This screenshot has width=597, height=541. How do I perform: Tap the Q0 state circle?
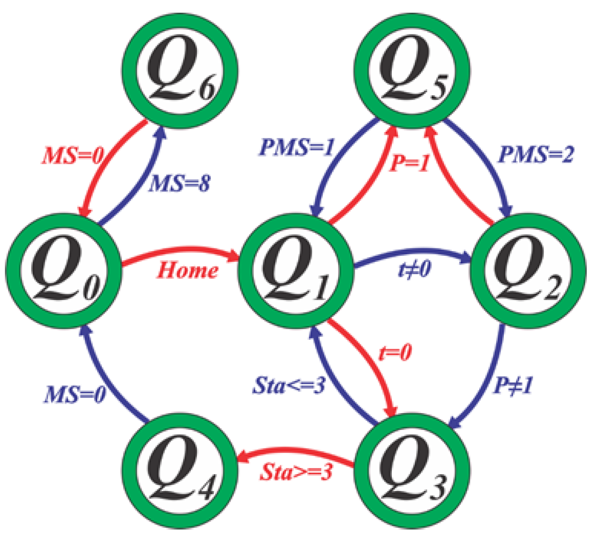click(x=64, y=271)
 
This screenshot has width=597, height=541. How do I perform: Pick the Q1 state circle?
click(x=296, y=271)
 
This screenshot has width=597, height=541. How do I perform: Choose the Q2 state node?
click(x=528, y=271)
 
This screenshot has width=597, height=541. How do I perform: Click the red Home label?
click(x=188, y=270)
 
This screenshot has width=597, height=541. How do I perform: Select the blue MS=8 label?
click(x=179, y=183)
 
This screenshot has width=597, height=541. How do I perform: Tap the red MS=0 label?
click(x=73, y=156)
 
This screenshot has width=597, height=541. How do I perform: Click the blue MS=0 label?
click(x=75, y=395)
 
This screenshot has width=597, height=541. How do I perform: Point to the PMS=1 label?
click(x=297, y=147)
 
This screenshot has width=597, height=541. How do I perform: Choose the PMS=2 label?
click(x=535, y=155)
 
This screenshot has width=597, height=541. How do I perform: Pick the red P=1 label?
click(x=409, y=163)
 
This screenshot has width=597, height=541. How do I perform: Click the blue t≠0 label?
click(x=414, y=269)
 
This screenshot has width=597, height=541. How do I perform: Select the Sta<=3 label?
click(x=289, y=385)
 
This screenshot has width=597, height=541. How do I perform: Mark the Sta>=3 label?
click(x=296, y=472)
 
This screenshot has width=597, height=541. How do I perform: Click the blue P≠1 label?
click(x=513, y=385)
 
